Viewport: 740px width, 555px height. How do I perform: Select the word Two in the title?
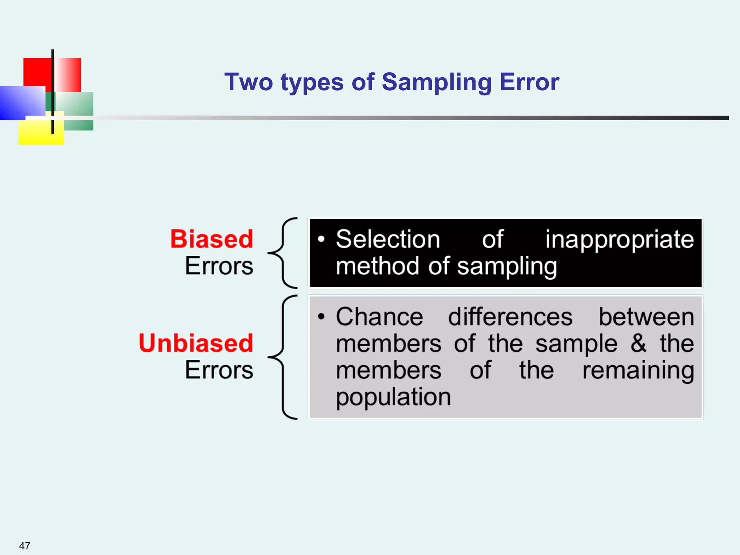[x=249, y=82]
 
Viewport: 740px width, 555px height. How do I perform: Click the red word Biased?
[x=212, y=239]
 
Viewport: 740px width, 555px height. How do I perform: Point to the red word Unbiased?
[x=196, y=343]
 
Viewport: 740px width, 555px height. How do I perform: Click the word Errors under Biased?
[x=219, y=266]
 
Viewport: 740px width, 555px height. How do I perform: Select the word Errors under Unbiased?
[x=219, y=370]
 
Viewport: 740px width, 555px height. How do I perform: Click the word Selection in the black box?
[x=388, y=239]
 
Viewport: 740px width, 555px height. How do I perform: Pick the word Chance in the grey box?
[x=379, y=317]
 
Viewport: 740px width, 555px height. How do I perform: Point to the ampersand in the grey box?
[x=638, y=343]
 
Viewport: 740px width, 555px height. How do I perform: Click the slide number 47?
[x=25, y=545]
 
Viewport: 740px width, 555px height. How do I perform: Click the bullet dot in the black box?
[x=321, y=239]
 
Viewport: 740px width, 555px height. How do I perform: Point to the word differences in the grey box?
[x=510, y=317]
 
